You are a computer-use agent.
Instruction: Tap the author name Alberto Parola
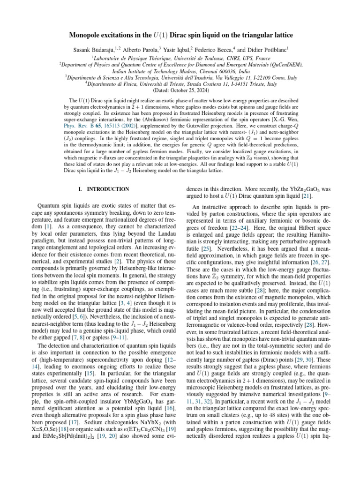pos(142,48)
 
